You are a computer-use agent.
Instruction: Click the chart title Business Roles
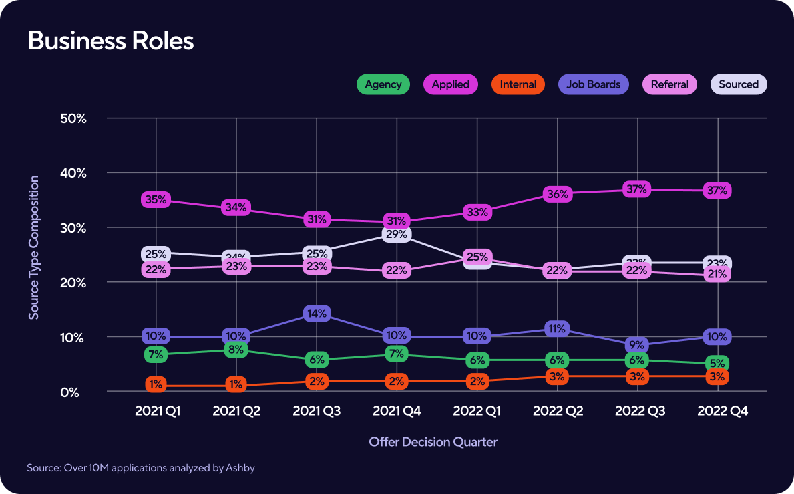click(x=111, y=41)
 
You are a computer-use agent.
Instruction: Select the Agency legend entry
click(x=383, y=84)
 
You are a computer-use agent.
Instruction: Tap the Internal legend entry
click(x=518, y=84)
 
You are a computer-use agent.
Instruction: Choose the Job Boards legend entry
click(x=593, y=84)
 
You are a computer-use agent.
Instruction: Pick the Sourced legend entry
click(x=738, y=84)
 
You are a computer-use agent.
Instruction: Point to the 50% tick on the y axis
click(x=74, y=118)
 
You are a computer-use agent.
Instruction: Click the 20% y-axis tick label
click(x=74, y=283)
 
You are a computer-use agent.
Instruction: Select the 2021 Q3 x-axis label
click(x=317, y=412)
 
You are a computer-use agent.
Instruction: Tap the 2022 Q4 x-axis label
click(x=723, y=412)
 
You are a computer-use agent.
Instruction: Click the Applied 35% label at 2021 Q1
click(x=156, y=199)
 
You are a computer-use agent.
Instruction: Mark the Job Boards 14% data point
click(x=317, y=313)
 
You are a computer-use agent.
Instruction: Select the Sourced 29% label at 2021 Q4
click(x=397, y=234)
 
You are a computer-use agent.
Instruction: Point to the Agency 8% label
click(x=236, y=349)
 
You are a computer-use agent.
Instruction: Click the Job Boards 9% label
click(x=637, y=345)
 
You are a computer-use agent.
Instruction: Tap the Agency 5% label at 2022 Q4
click(x=717, y=364)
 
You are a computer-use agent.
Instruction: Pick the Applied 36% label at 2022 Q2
click(x=557, y=194)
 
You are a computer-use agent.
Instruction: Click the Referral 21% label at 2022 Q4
click(x=717, y=274)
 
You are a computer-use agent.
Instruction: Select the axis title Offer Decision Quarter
click(x=433, y=442)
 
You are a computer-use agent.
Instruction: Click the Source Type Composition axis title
click(x=34, y=247)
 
